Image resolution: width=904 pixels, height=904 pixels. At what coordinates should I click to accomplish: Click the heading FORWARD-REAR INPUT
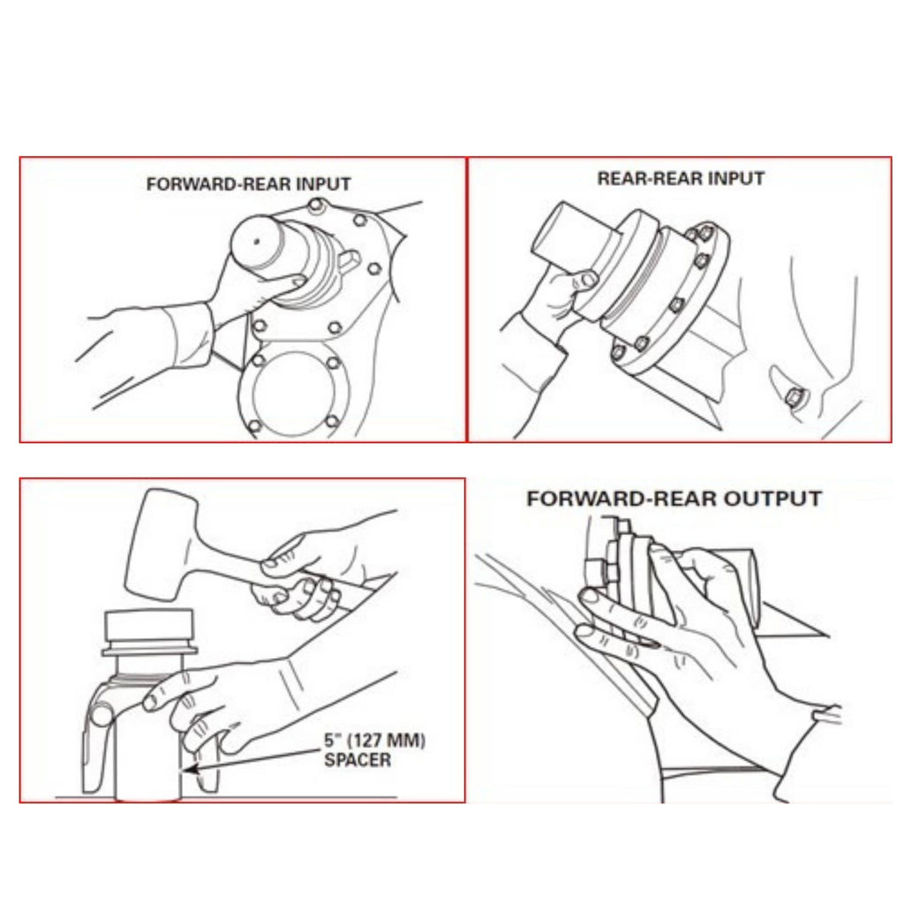tap(248, 185)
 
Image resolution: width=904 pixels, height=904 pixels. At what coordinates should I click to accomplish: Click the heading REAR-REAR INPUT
tap(681, 177)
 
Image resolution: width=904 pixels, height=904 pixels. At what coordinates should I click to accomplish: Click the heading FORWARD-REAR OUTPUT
tap(674, 498)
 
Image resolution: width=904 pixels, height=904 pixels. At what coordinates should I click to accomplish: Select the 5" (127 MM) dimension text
tap(374, 742)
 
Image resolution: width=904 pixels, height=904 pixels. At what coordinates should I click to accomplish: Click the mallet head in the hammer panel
tap(159, 543)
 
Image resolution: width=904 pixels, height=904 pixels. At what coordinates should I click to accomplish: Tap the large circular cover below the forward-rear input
tap(291, 393)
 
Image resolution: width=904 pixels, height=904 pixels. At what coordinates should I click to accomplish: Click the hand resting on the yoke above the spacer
tap(190, 697)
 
